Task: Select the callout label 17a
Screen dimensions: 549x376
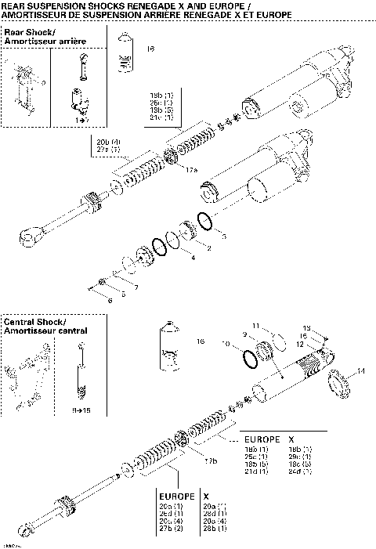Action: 192,168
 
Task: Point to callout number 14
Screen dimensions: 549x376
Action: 360,370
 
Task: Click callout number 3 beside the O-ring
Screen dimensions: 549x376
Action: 224,235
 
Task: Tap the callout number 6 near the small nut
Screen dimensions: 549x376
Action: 110,300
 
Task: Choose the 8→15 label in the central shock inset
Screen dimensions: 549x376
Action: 81,410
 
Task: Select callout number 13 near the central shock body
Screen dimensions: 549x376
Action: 307,328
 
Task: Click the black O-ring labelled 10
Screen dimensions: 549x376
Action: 248,359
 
